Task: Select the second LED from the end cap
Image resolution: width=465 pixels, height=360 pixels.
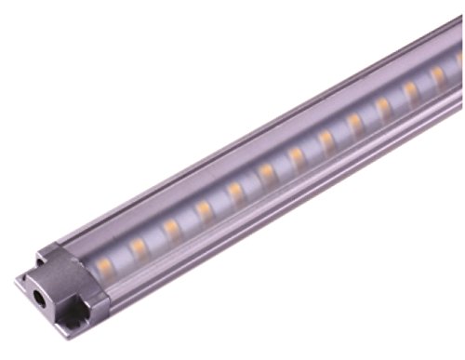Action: (x=139, y=248)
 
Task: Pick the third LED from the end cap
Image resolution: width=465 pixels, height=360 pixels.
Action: (x=172, y=229)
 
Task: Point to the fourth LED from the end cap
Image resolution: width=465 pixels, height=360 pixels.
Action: (x=205, y=210)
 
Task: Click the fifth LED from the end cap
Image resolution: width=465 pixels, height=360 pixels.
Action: (x=236, y=192)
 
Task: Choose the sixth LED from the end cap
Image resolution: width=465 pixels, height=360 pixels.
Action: (x=268, y=174)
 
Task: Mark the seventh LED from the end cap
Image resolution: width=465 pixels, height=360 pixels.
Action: (x=298, y=156)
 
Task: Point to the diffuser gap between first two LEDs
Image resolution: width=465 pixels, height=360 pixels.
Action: (x=122, y=258)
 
